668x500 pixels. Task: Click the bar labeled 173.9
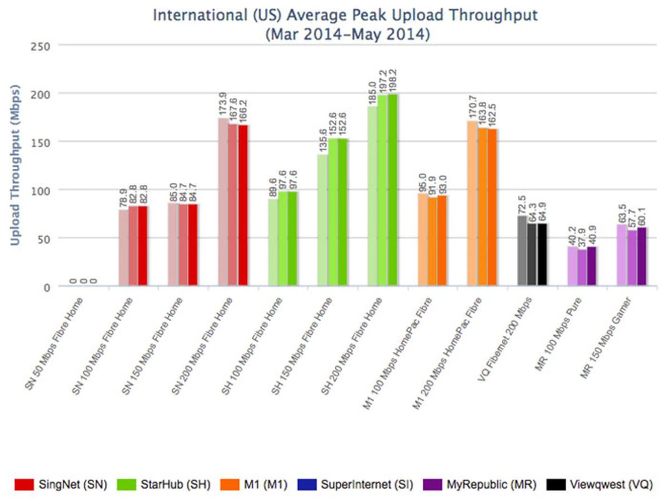click(223, 202)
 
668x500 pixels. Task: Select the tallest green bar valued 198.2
click(393, 190)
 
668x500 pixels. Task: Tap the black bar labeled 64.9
click(542, 254)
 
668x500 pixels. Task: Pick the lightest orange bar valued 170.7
click(472, 204)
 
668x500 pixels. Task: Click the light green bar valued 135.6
click(323, 220)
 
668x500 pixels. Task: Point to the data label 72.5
click(522, 205)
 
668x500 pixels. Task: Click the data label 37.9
click(582, 238)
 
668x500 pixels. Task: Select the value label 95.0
click(422, 182)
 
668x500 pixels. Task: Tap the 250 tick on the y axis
click(40, 47)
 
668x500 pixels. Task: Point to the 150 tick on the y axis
click(40, 143)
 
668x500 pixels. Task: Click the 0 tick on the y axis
click(47, 288)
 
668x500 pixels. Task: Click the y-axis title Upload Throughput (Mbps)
click(15, 165)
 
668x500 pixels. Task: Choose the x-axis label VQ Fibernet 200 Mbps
click(504, 339)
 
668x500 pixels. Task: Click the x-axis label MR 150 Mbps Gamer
click(606, 338)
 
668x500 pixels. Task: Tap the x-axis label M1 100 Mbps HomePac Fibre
click(397, 353)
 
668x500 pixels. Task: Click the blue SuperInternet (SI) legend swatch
click(307, 484)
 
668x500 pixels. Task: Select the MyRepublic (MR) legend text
click(491, 484)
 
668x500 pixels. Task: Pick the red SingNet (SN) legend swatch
click(24, 484)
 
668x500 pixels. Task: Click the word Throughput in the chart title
click(493, 15)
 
